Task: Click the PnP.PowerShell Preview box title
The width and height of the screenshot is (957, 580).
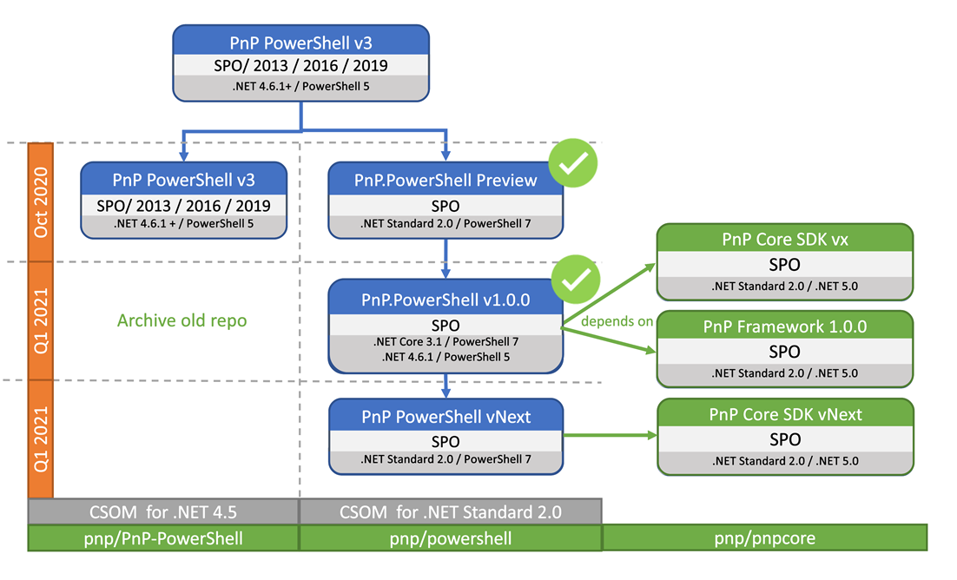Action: (445, 180)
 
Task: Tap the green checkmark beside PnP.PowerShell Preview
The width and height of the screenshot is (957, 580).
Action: (573, 164)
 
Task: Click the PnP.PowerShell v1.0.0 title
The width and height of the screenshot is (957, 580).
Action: (445, 300)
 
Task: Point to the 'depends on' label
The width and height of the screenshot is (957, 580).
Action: (617, 321)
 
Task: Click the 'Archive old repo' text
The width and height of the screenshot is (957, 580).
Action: (181, 320)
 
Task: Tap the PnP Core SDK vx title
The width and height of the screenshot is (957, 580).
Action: (785, 239)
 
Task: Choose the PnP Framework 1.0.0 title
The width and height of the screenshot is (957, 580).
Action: (785, 326)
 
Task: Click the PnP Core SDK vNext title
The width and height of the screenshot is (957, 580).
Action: (785, 414)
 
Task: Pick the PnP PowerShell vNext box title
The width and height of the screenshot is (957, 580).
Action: (445, 416)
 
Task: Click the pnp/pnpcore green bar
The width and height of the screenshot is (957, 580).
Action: (764, 538)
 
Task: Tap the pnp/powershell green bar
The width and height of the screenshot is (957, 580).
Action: (449, 538)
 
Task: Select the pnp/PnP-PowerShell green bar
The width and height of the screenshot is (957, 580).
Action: (163, 538)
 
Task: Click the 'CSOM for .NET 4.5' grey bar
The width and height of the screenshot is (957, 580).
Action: (163, 512)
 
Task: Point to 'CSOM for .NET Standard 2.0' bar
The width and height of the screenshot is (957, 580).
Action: (449, 512)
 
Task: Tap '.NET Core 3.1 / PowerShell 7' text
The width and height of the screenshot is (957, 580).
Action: (445, 340)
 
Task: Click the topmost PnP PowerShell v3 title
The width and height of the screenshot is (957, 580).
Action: (300, 41)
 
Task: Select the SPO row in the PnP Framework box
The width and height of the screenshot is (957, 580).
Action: (785, 352)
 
